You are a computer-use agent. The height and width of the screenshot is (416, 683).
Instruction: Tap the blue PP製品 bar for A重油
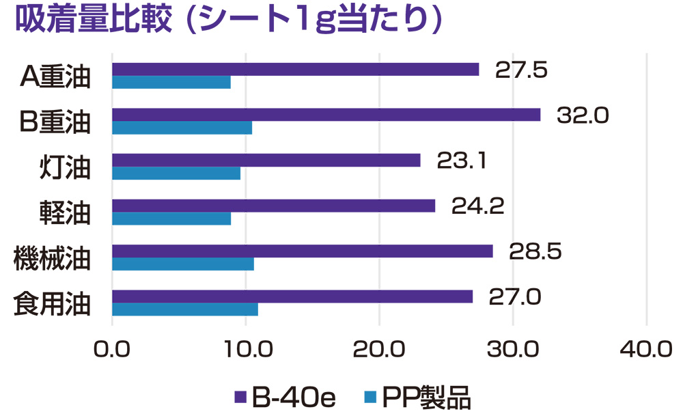pyautogui.click(x=171, y=83)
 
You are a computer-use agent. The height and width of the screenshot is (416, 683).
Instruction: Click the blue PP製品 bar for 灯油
pyautogui.click(x=176, y=174)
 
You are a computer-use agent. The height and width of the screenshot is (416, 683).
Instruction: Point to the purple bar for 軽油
pyautogui.click(x=273, y=206)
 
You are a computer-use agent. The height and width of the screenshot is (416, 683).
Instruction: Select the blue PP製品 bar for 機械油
pyautogui.click(x=182, y=264)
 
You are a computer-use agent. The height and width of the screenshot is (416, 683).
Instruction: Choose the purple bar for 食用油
pyautogui.click(x=292, y=296)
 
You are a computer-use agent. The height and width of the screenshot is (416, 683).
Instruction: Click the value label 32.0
pyautogui.click(x=582, y=115)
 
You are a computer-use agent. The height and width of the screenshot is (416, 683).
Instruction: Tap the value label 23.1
pyautogui.click(x=461, y=160)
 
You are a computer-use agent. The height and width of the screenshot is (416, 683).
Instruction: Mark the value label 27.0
pyautogui.click(x=514, y=296)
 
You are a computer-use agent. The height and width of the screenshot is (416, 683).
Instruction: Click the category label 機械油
pyautogui.click(x=53, y=259)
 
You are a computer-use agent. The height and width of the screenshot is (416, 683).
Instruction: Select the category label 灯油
pyautogui.click(x=64, y=168)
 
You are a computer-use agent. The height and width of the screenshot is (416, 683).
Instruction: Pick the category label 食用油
pyautogui.click(x=53, y=305)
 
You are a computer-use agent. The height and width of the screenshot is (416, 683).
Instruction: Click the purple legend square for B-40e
pyautogui.click(x=240, y=396)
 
